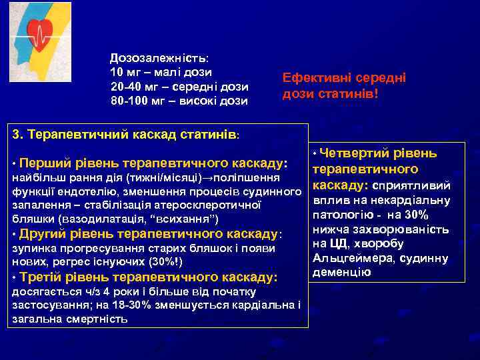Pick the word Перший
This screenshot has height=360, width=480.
pyautogui.click(x=44, y=163)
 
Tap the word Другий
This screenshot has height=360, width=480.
pyautogui.click(x=43, y=234)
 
